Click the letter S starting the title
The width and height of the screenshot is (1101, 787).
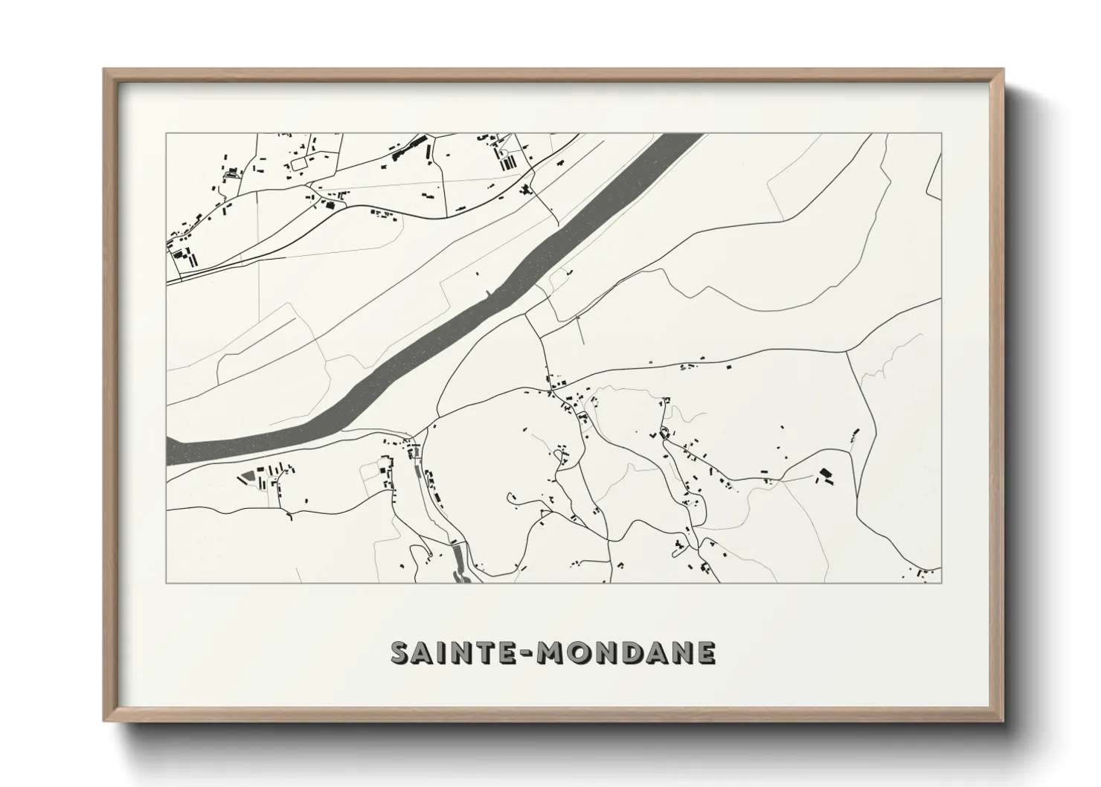pyautogui.click(x=402, y=652)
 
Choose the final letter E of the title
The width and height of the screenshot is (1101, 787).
pyautogui.click(x=705, y=652)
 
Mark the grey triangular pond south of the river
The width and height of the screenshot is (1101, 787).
pyautogui.click(x=246, y=477)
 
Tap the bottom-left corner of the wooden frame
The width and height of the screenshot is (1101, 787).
pyautogui.click(x=104, y=721)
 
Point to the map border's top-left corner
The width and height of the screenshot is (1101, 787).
pyautogui.click(x=167, y=134)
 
